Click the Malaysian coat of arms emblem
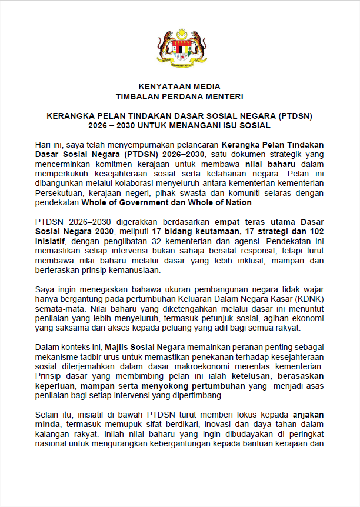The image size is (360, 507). coord(180,49)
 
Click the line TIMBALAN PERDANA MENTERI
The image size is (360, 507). coord(179,96)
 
